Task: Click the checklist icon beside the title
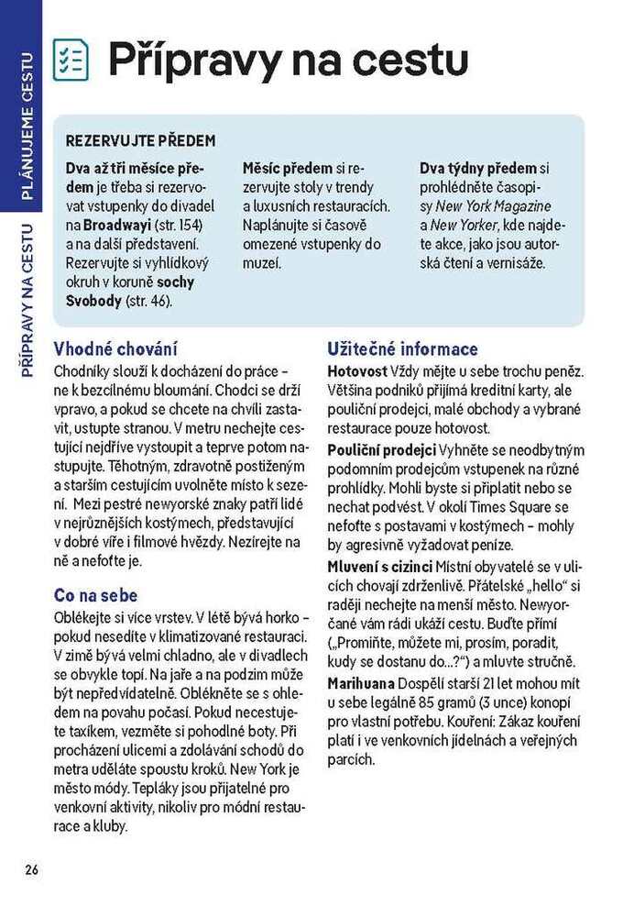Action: pos(71,60)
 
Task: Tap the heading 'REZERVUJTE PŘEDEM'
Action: pos(140,141)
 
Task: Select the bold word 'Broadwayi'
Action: pos(115,225)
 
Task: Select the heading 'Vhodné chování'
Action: pos(115,349)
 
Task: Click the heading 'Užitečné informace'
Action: pos(402,349)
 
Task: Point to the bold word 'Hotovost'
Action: pos(356,371)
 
